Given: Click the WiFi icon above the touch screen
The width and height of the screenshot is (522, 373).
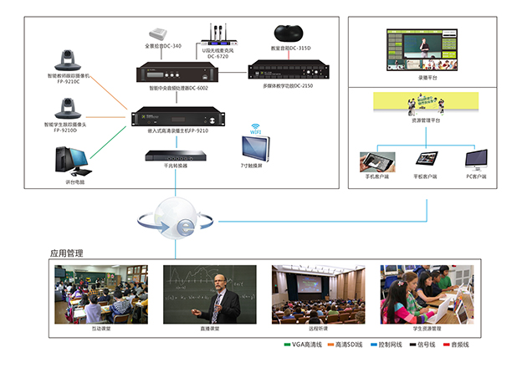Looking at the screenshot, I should (255, 131).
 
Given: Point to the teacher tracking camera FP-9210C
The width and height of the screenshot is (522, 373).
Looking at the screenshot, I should (68, 60).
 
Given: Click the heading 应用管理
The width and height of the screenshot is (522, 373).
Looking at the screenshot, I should (67, 253).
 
